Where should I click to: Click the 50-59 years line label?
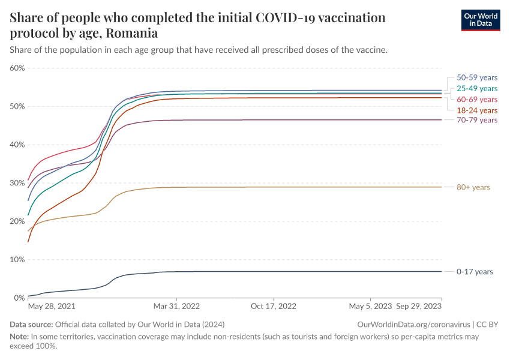(477, 77)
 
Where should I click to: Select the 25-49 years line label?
(477, 88)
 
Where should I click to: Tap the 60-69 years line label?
(477, 99)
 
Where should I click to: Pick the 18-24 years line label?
(477, 110)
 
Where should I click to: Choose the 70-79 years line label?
(477, 120)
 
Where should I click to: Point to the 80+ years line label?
(473, 187)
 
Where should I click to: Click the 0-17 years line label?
(475, 272)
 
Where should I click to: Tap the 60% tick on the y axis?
(17, 68)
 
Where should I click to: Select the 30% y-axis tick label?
(17, 183)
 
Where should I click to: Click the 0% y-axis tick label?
(19, 298)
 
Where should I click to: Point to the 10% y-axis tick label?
(17, 260)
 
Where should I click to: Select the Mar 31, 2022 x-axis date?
(176, 306)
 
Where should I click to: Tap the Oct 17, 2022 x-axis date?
(274, 306)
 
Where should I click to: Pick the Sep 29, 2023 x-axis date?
(419, 306)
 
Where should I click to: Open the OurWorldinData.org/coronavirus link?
(413, 324)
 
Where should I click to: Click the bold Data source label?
(31, 324)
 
